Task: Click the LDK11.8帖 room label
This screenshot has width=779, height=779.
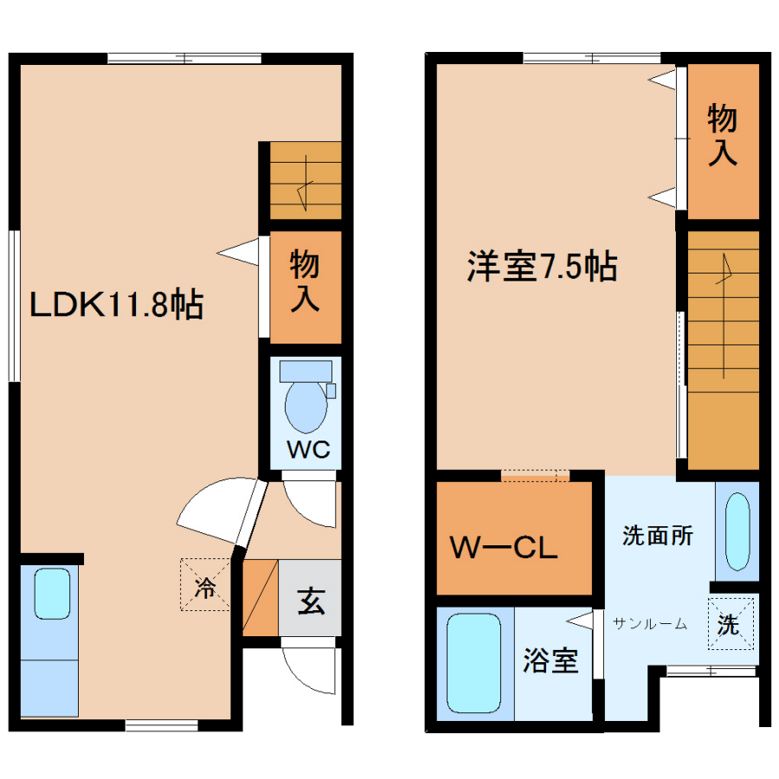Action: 117,304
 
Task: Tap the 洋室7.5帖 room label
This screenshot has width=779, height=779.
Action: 542,267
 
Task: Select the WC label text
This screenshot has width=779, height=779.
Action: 308,449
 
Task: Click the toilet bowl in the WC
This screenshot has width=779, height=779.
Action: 306,406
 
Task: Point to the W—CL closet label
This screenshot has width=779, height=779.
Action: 504,547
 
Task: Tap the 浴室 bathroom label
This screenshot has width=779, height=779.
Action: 550,660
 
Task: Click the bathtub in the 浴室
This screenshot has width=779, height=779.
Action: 473,663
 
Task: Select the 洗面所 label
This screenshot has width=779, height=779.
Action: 657,535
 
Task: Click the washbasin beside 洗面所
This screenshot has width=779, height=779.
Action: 737,531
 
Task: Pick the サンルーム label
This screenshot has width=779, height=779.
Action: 650,623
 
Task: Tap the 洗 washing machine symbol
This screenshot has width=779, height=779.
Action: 731,623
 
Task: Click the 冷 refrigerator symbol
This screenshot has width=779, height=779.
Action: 205,585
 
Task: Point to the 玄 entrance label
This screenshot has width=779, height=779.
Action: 311,601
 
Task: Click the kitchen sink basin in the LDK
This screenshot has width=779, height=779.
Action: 52,594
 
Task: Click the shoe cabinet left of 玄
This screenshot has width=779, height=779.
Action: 260,597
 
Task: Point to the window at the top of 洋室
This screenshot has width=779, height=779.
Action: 592,58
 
